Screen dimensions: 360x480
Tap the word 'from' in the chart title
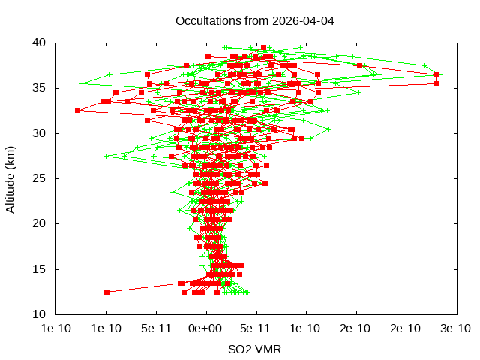[x=251, y=20]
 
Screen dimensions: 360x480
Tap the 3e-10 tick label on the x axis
[x=455, y=328]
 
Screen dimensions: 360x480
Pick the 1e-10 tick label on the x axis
[x=306, y=328]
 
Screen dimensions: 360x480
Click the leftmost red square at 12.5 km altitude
[x=106, y=292]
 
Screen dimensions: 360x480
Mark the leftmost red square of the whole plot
[x=77, y=110]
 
